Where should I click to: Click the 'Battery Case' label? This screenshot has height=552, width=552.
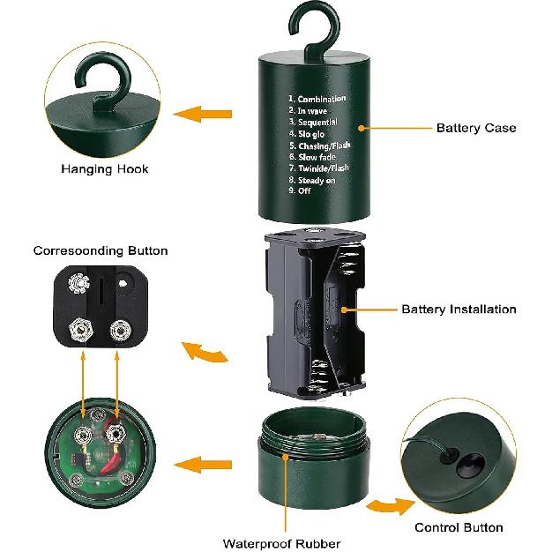coord(476,128)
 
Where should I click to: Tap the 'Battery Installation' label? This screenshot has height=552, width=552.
coord(459,310)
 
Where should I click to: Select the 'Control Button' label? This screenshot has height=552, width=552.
coord(459,527)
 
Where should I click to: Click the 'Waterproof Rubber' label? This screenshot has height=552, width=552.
coord(281,543)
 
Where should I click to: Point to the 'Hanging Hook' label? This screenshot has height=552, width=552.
coord(105,168)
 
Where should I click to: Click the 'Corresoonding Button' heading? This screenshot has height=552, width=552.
coord(101,250)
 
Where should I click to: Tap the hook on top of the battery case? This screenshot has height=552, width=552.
coord(312,27)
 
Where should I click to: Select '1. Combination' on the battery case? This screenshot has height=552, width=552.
coord(317,100)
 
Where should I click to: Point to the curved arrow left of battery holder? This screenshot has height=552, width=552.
coord(205,353)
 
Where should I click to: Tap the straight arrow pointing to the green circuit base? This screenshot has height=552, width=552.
coord(197,464)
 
